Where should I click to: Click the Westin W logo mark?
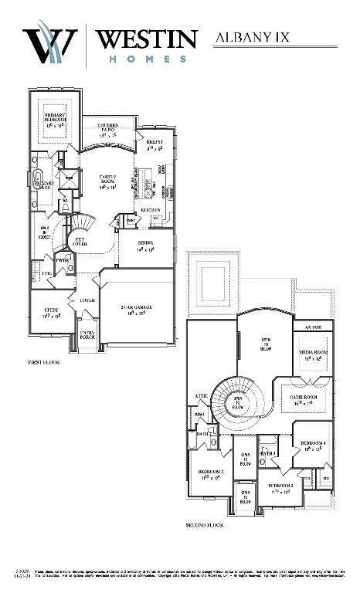tap(51, 42)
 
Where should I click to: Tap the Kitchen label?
tap(150, 209)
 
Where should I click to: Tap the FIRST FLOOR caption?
tap(45, 361)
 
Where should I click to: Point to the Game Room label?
tap(305, 398)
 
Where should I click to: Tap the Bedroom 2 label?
tap(210, 473)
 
